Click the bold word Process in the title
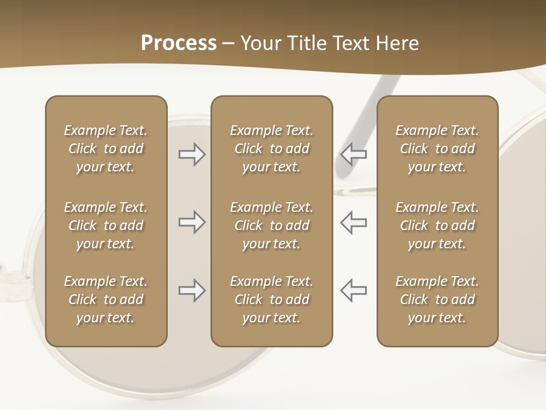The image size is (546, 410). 179,43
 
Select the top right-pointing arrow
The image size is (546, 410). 192,154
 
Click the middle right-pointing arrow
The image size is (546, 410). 192,222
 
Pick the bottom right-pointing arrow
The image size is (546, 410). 192,290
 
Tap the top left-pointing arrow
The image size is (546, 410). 353,154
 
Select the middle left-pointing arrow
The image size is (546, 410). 353,222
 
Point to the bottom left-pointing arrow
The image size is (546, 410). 353,290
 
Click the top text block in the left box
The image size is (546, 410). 106,149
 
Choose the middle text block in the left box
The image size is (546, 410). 106,225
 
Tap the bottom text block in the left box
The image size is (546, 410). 106,300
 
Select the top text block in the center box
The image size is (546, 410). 271,149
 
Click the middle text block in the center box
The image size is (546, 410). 271,225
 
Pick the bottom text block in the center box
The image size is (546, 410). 271,300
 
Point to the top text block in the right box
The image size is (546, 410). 437,149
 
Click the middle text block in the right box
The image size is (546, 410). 437,225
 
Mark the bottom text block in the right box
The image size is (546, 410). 437,300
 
